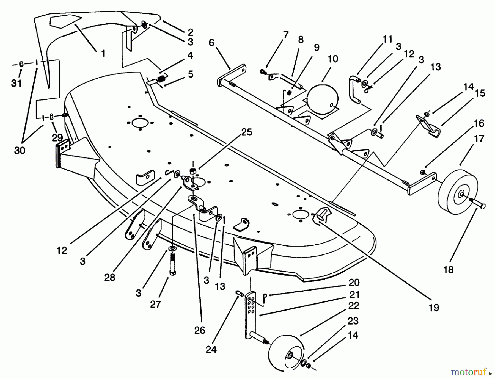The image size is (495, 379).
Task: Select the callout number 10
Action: [333, 59]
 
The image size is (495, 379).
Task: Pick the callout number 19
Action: [434, 308]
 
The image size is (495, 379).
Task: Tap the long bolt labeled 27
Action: [172, 264]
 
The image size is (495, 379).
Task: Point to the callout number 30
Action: [20, 150]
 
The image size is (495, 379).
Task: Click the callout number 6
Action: [211, 43]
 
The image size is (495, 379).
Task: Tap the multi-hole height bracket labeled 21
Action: [251, 311]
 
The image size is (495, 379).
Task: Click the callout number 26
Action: [200, 330]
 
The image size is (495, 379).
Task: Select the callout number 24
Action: [211, 350]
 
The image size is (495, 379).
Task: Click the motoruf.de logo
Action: [472, 372]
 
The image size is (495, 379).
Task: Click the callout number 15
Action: [480, 93]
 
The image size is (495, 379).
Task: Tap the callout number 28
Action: [109, 277]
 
